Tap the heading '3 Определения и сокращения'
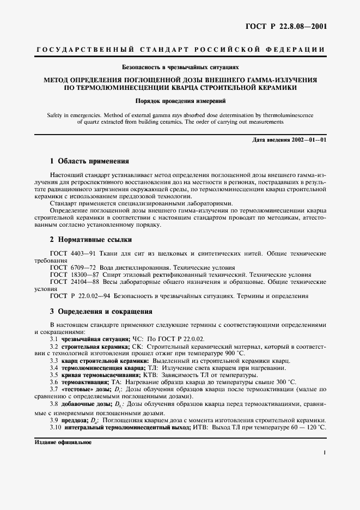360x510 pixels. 101,312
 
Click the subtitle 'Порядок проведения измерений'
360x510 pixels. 180,101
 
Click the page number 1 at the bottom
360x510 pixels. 324,452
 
